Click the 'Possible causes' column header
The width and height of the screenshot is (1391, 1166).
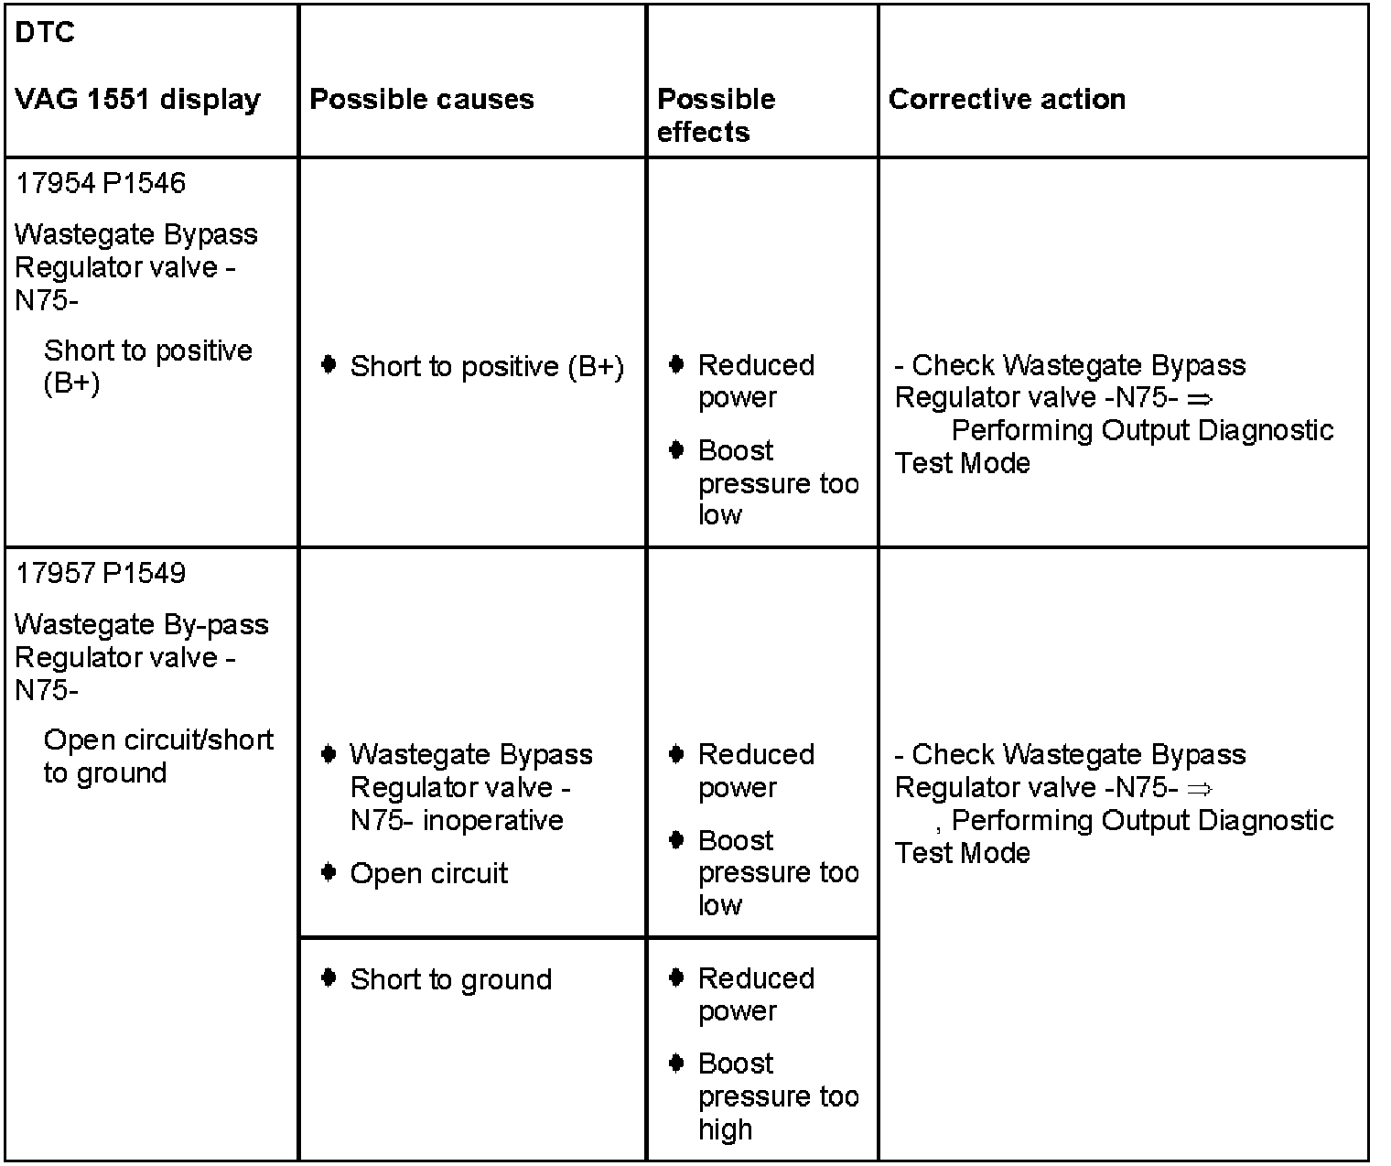[x=421, y=99]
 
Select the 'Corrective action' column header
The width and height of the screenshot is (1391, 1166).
[x=1007, y=99]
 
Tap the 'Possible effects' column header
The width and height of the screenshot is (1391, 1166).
[x=716, y=115]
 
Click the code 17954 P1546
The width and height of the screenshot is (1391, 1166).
[x=101, y=183]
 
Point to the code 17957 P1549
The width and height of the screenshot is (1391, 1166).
[x=101, y=573]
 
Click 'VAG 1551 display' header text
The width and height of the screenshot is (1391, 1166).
[x=137, y=99]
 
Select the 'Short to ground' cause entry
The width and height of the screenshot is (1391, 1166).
[x=450, y=979]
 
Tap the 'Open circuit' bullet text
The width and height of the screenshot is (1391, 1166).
[x=428, y=873]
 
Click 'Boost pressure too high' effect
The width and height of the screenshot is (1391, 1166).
[x=778, y=1096]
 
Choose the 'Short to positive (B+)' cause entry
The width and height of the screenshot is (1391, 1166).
[x=487, y=366]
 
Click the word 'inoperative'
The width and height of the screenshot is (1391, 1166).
[x=493, y=820]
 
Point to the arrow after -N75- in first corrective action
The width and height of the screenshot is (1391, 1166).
[x=1199, y=399]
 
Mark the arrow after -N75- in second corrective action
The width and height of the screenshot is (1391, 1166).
[x=1199, y=789]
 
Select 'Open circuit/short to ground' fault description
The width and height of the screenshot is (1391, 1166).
[x=157, y=756]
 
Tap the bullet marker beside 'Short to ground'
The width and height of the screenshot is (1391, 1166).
[x=329, y=978]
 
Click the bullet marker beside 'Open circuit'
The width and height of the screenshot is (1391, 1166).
[x=329, y=872]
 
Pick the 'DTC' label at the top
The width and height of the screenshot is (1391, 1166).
[x=45, y=33]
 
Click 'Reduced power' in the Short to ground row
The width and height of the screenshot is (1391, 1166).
[x=755, y=995]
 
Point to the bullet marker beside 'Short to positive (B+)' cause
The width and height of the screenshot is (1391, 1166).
[x=329, y=365]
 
